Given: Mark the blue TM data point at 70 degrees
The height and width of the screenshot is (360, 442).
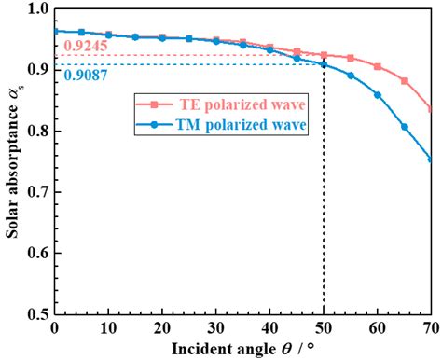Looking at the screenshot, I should pyautogui.click(x=431, y=159).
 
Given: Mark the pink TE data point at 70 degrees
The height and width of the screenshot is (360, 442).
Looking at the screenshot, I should pyautogui.click(x=431, y=109).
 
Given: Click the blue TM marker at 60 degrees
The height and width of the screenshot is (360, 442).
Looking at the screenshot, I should pyautogui.click(x=378, y=94).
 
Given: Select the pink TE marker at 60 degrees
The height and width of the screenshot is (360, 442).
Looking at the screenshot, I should pyautogui.click(x=378, y=66).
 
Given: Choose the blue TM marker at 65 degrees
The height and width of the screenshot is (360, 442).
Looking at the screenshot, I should pyautogui.click(x=405, y=126).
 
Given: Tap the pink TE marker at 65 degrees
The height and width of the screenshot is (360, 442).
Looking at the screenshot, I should pyautogui.click(x=405, y=81).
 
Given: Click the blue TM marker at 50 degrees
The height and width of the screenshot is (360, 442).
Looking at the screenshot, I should pyautogui.click(x=324, y=64).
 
